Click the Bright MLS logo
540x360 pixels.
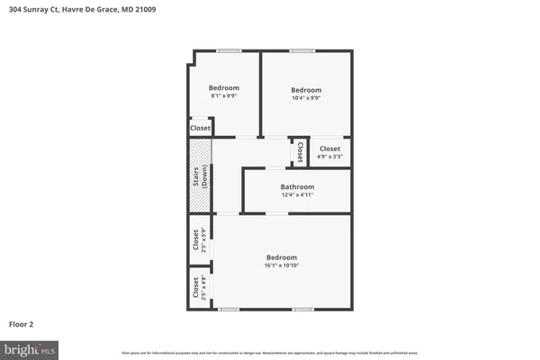[29, 347]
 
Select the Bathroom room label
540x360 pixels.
[297, 187]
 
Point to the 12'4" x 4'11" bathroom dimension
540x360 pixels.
[297, 195]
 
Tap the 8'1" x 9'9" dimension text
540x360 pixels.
[224, 95]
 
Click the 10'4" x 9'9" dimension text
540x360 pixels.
[306, 98]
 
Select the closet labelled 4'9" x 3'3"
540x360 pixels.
[329, 152]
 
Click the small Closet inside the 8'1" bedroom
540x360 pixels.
[201, 129]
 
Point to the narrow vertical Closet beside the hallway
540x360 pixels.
[300, 150]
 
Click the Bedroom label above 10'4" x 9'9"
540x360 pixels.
[306, 90]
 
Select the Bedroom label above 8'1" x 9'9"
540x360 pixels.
[224, 87]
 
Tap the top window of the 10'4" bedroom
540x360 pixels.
[301, 50]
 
